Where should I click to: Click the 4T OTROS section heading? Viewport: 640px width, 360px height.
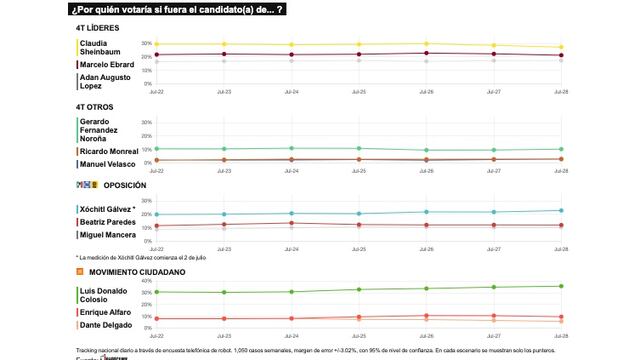click(94, 106)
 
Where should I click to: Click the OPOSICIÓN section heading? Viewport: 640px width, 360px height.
click(125, 185)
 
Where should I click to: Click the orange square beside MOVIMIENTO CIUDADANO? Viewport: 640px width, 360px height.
click(79, 271)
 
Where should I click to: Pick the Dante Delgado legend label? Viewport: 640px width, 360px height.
click(106, 326)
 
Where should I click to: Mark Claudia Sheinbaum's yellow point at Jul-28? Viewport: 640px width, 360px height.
click(562, 47)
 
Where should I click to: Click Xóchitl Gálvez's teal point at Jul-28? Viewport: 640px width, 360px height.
click(562, 210)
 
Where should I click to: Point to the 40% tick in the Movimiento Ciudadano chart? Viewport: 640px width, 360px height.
click(145, 281)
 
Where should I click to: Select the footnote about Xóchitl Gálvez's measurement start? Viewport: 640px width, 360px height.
click(140, 257)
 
